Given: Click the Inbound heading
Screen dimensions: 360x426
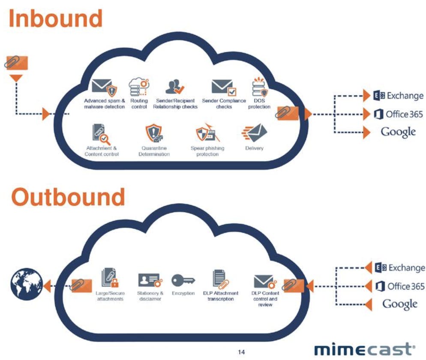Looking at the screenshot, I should click(56, 19).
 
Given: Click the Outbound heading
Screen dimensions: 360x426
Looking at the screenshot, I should click(68, 197).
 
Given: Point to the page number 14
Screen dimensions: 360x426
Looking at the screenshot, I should click(242, 352).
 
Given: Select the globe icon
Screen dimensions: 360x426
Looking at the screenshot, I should click(25, 285).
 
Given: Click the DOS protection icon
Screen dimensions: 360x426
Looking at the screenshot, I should click(260, 87).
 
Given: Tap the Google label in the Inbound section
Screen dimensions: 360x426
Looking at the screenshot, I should click(398, 132).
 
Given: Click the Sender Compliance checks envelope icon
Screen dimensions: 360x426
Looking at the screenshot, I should click(223, 87).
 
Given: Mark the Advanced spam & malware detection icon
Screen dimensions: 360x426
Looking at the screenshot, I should click(104, 87).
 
